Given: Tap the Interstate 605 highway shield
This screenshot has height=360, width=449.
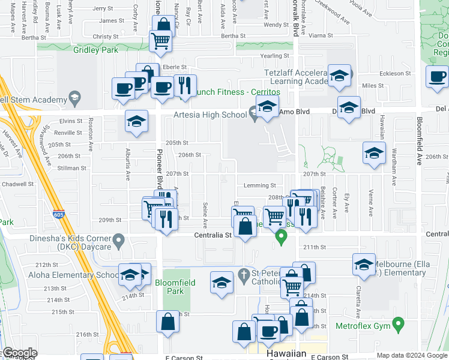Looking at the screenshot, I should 58,213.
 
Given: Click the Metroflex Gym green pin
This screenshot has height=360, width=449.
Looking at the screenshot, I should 397,326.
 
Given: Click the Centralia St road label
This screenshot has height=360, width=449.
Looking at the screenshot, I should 212,236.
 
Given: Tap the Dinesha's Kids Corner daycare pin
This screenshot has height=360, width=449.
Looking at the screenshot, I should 119,241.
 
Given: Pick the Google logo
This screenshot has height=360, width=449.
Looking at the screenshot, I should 19,353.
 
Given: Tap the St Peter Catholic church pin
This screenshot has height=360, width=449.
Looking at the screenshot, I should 243,276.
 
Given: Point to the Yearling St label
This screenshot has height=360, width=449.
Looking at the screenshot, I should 276,55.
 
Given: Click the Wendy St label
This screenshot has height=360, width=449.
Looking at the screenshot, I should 276,25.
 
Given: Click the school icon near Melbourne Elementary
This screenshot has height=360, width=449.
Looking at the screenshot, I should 364,265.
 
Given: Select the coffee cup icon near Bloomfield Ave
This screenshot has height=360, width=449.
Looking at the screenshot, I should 437,76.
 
